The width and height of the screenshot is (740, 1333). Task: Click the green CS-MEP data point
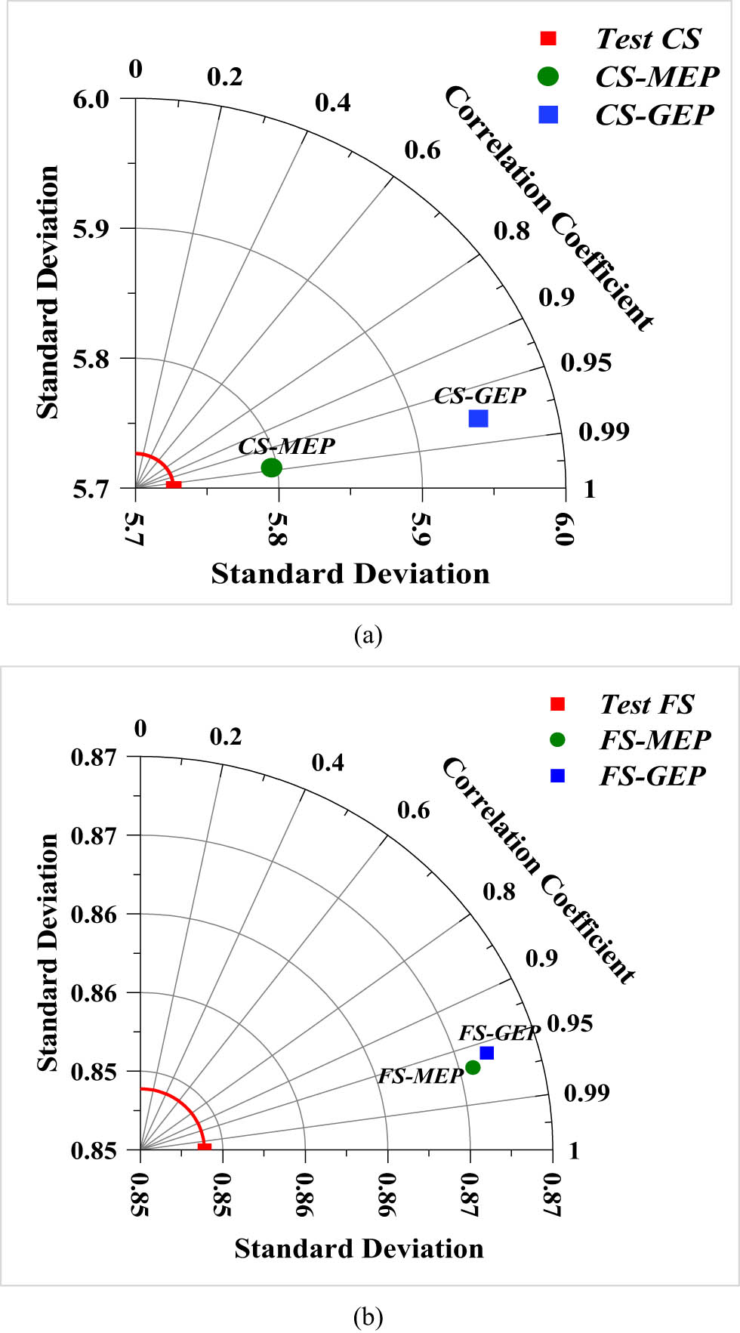271,467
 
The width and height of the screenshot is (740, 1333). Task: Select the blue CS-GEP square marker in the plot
478,418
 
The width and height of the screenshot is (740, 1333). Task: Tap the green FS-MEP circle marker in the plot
473,1067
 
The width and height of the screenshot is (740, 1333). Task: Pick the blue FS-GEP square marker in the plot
486,1053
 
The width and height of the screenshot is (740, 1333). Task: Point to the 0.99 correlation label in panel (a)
603,431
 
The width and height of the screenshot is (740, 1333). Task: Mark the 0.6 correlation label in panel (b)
413,810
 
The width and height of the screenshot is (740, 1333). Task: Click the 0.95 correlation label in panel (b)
569,1023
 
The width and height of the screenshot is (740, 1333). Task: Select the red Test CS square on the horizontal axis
173,484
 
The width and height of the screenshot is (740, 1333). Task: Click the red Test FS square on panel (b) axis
204,1147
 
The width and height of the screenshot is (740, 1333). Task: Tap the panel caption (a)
368,635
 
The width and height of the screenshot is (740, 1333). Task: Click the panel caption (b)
368,1317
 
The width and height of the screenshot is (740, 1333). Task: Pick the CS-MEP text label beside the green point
286,446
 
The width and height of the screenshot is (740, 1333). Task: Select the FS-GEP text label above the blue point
499,1032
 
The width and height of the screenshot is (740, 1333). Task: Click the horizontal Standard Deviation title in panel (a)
350,574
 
